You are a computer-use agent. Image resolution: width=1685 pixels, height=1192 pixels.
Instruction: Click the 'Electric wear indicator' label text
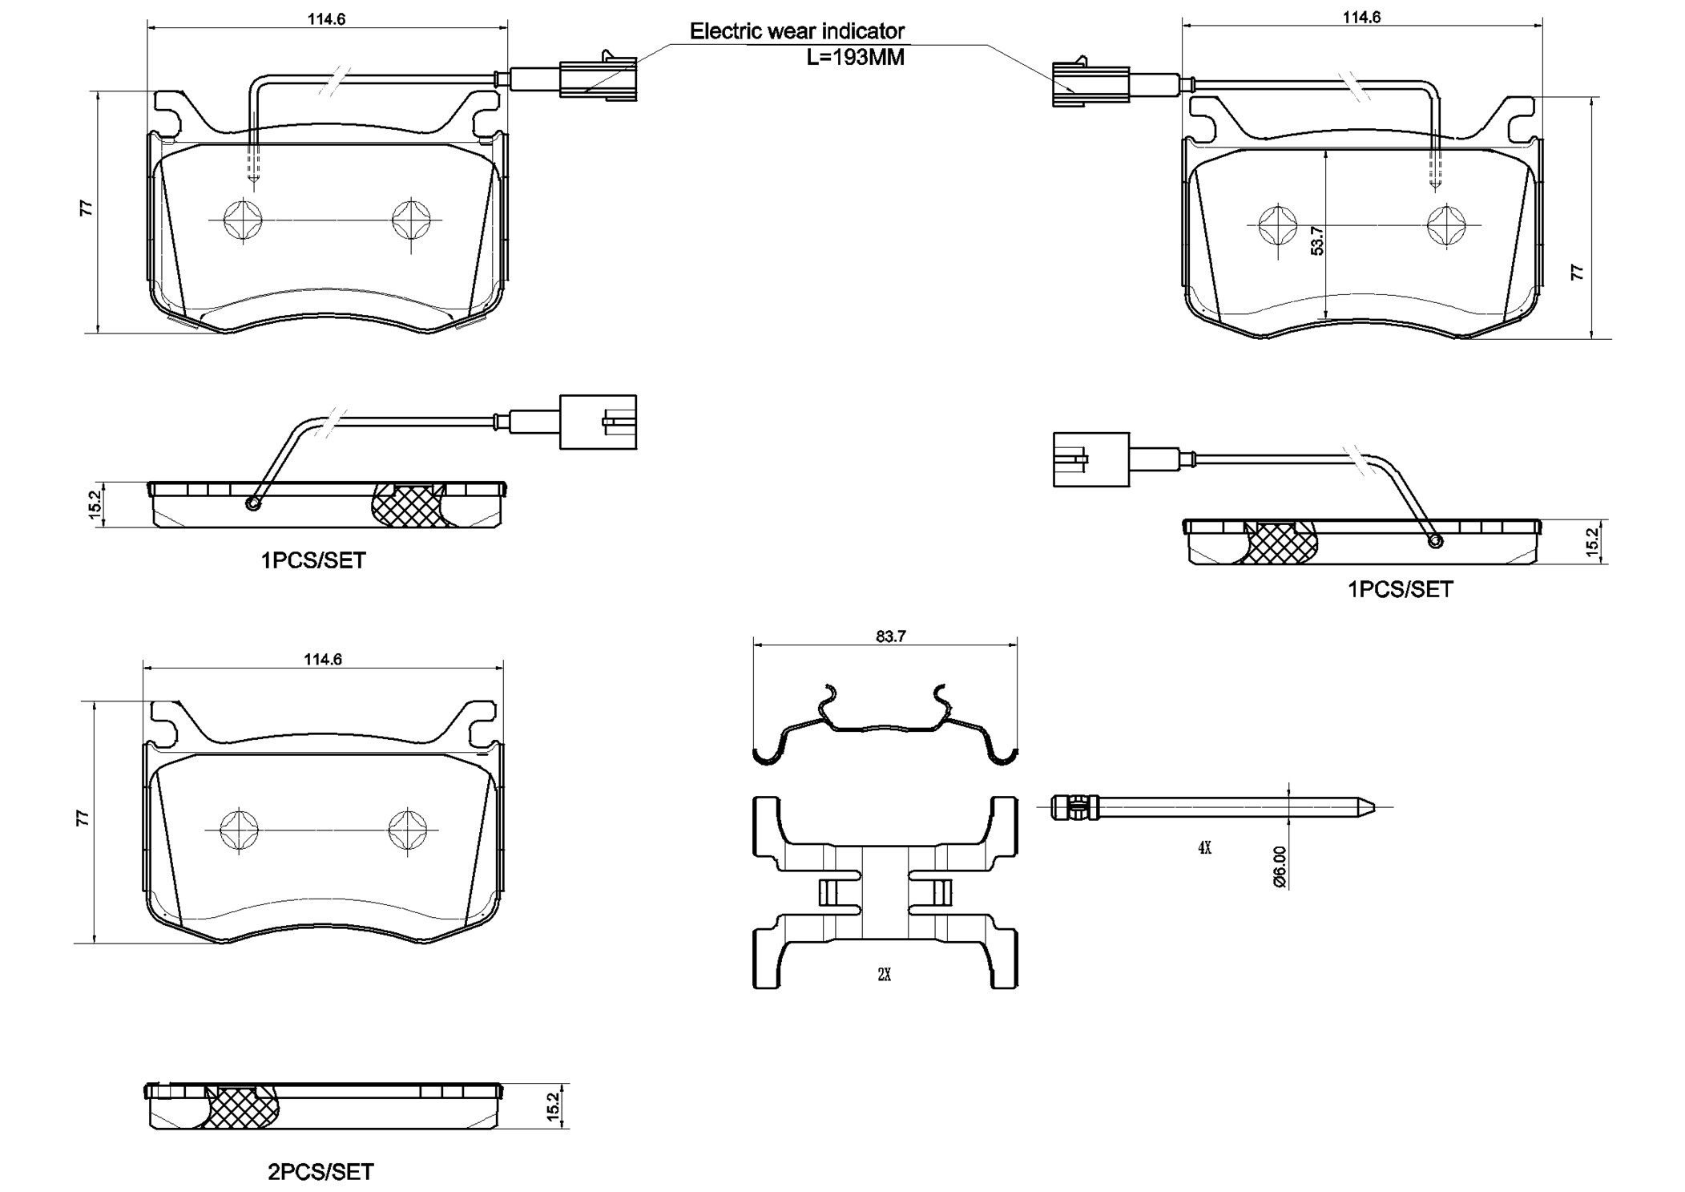[796, 31]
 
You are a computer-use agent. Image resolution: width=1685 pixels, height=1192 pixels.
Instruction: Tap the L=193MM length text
[855, 58]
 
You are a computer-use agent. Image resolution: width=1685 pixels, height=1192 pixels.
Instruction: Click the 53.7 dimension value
[1316, 240]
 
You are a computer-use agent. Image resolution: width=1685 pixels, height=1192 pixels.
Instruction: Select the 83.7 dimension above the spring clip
[890, 636]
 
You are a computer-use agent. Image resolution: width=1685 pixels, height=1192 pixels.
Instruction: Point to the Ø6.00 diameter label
[1279, 867]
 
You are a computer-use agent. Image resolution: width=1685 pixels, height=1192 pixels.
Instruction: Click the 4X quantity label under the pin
[1204, 848]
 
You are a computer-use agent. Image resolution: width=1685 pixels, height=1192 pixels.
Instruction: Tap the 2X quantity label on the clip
[884, 975]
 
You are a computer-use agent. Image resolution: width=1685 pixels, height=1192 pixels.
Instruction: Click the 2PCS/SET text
[320, 1172]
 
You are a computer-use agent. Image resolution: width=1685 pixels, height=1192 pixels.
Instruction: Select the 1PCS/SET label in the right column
[1399, 590]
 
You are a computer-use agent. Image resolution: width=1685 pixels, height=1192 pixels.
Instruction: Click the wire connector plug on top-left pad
[597, 79]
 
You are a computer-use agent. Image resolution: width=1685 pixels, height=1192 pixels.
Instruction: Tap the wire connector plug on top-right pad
[1090, 83]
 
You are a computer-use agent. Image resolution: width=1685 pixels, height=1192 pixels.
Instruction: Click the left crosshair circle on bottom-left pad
[240, 830]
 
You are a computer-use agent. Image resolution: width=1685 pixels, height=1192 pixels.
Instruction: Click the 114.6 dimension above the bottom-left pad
[323, 660]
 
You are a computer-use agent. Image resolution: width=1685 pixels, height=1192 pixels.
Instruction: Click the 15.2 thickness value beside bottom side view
[552, 1106]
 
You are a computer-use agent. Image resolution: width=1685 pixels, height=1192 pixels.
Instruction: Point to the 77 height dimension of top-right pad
[1577, 272]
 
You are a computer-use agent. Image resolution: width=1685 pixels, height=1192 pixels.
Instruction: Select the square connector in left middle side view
[598, 422]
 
